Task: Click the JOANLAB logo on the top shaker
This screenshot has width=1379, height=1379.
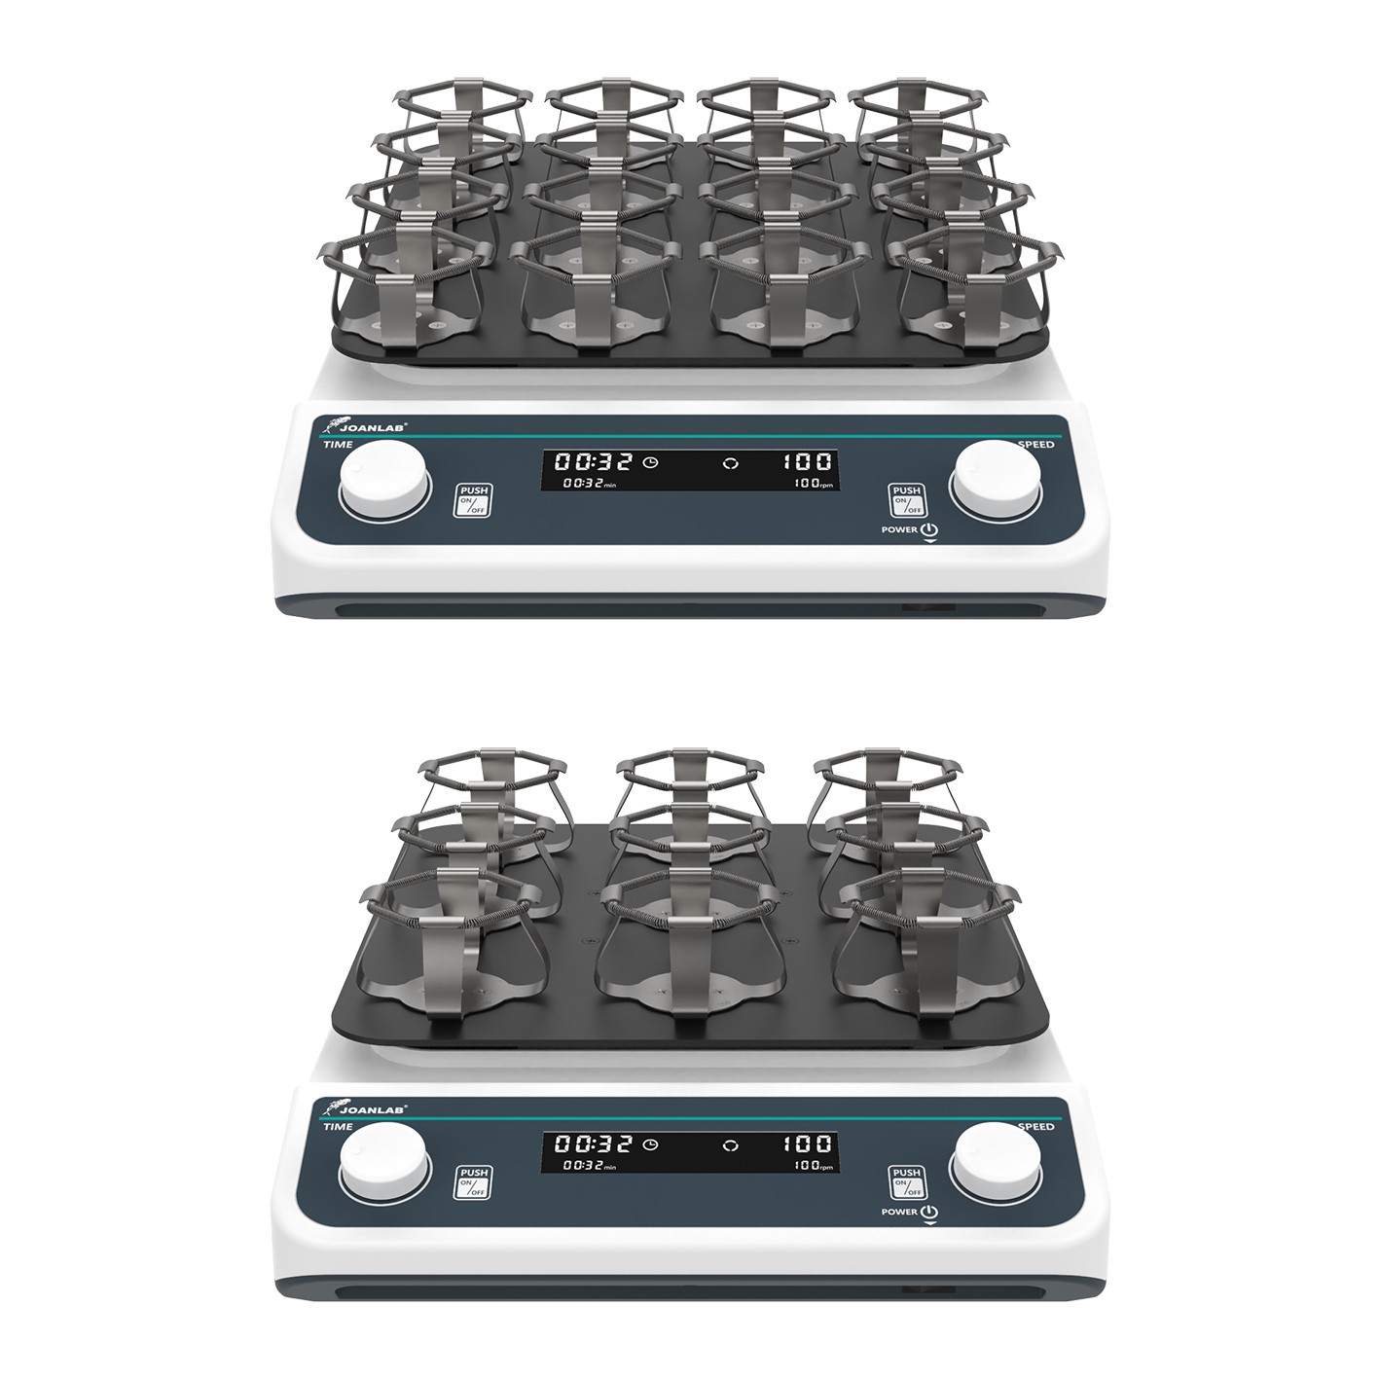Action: (366, 426)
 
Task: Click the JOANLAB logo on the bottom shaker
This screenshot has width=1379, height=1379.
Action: (366, 1111)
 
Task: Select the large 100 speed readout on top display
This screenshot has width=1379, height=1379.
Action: (807, 461)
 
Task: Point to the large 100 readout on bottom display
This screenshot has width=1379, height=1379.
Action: (807, 1146)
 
